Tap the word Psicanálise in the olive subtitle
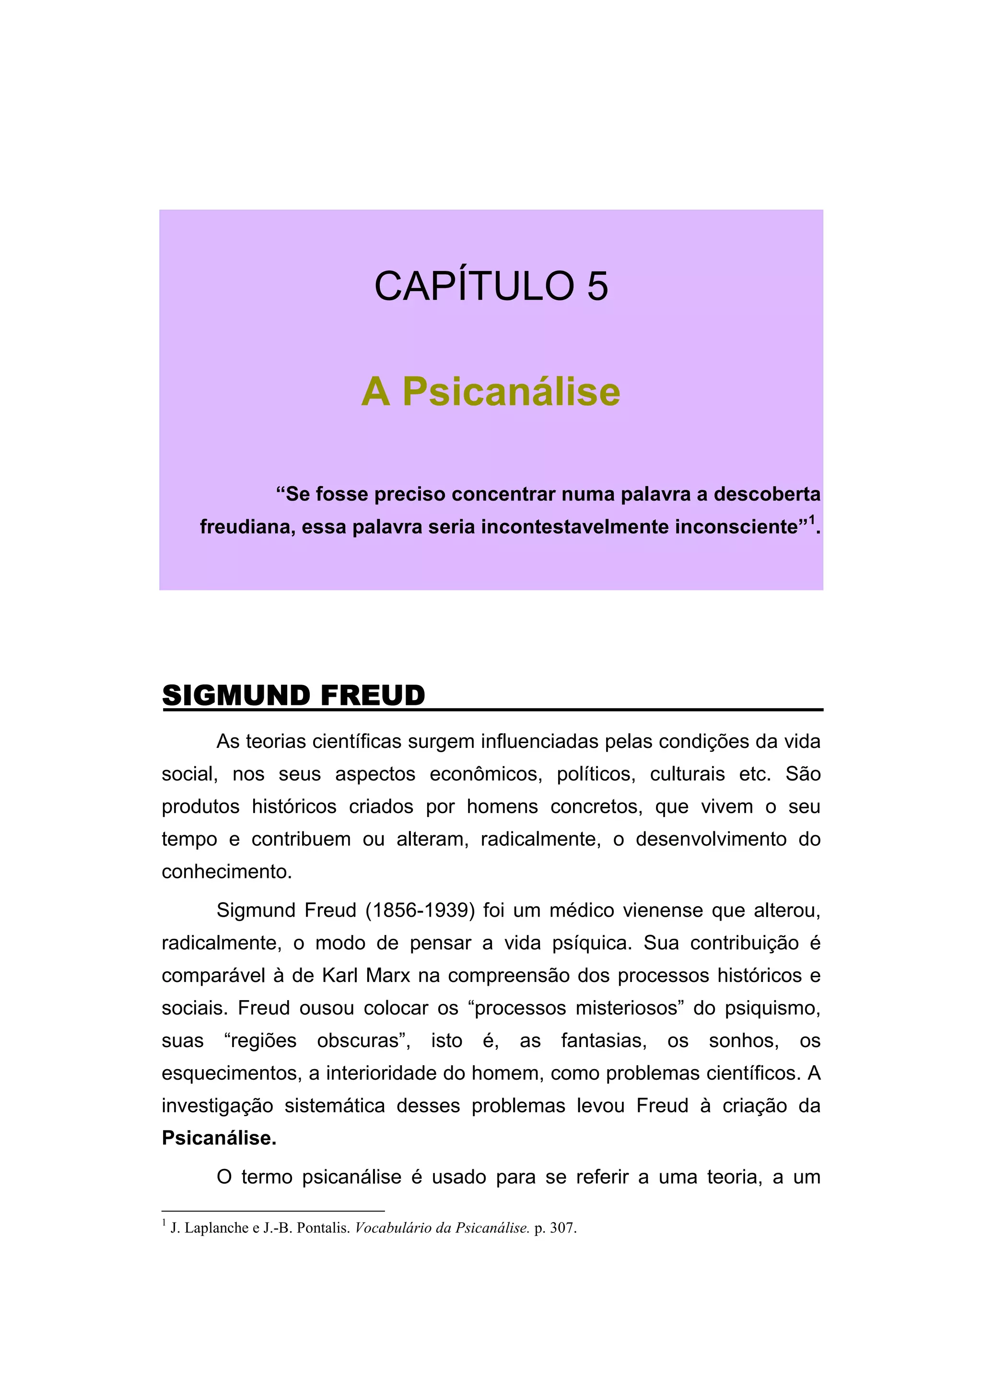tap(511, 392)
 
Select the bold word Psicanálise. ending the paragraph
tap(219, 1138)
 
